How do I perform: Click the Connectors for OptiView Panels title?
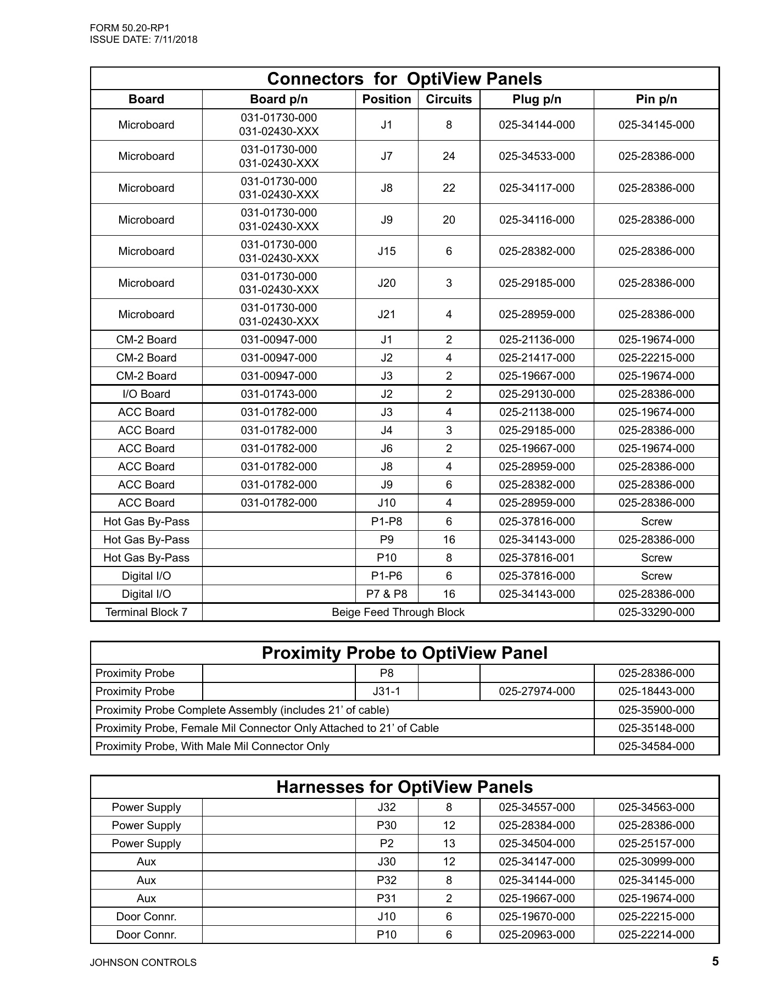(x=404, y=79)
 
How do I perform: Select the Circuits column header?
(x=449, y=99)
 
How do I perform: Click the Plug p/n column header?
(x=537, y=99)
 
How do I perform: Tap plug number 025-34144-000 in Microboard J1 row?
(x=537, y=125)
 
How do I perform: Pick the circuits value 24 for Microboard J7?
(x=449, y=157)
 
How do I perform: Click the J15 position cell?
(x=387, y=252)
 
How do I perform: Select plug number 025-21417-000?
(x=537, y=358)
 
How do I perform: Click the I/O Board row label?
(x=146, y=395)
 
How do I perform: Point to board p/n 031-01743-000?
(x=278, y=395)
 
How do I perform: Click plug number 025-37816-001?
(x=537, y=558)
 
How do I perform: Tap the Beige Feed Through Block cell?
(x=398, y=613)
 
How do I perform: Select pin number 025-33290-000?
(x=656, y=613)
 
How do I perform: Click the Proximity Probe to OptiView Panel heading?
(x=404, y=653)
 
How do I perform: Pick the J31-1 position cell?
(x=387, y=692)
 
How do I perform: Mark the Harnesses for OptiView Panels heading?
(x=404, y=787)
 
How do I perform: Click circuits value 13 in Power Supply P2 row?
(x=449, y=844)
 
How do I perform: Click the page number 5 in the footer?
(x=715, y=962)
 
